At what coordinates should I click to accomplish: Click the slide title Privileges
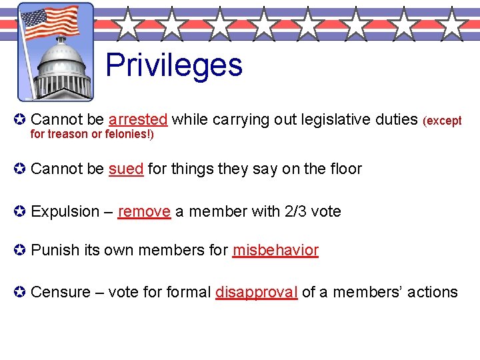point(174,65)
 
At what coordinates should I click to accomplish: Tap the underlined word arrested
point(137,119)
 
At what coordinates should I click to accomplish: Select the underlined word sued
point(126,169)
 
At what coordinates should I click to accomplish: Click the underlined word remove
point(144,212)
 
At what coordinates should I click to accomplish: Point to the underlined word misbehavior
point(275,251)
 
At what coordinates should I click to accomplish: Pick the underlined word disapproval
point(256,292)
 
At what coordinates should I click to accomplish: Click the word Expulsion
point(65,212)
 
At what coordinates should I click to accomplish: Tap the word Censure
point(60,292)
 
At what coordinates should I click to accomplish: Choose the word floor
point(346,169)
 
